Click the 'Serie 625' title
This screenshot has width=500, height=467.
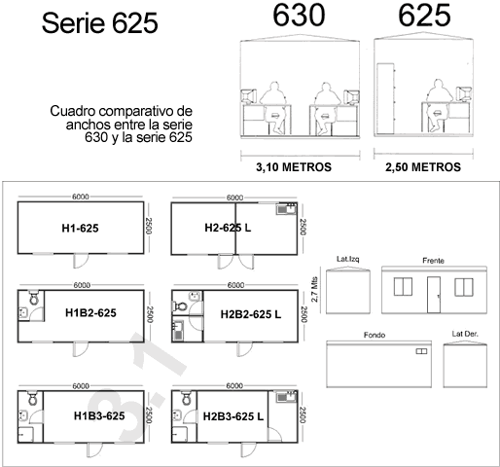pos(99,23)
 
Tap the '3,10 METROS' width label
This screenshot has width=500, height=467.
pos(294,167)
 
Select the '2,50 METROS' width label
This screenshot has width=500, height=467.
pos(423,167)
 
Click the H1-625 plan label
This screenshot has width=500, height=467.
pos(80,229)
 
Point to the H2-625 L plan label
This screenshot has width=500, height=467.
pos(228,228)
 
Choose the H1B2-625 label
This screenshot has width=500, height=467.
pos(90,313)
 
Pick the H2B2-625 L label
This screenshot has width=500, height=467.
pos(251,314)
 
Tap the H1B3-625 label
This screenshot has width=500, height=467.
pos(99,415)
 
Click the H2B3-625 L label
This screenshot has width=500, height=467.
pos(233,416)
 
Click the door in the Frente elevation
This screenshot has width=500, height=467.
pos(434,295)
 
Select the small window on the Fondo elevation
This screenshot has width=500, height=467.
pos(421,351)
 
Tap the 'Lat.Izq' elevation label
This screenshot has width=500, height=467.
pos(348,259)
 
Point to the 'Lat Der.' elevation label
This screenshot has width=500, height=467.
pos(465,334)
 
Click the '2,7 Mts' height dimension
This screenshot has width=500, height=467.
pos(314,289)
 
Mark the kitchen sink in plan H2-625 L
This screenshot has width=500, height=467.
pos(286,209)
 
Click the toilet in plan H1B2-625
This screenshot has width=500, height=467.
pos(34,298)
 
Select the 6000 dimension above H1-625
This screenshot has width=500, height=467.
pos(81,197)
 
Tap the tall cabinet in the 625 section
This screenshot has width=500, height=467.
pos(385,98)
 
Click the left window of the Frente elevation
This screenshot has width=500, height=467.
pos(403,287)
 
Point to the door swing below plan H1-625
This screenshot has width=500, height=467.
pos(81,261)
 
